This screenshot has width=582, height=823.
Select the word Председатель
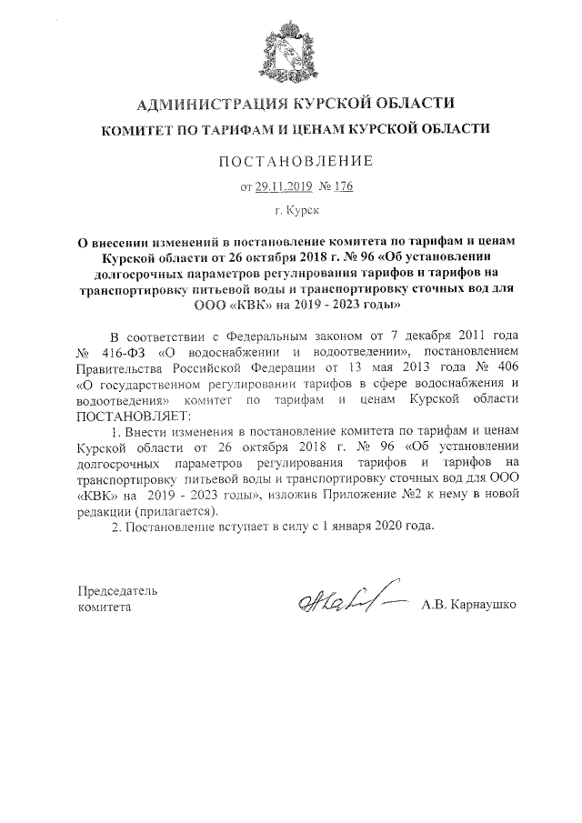tap(118, 592)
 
